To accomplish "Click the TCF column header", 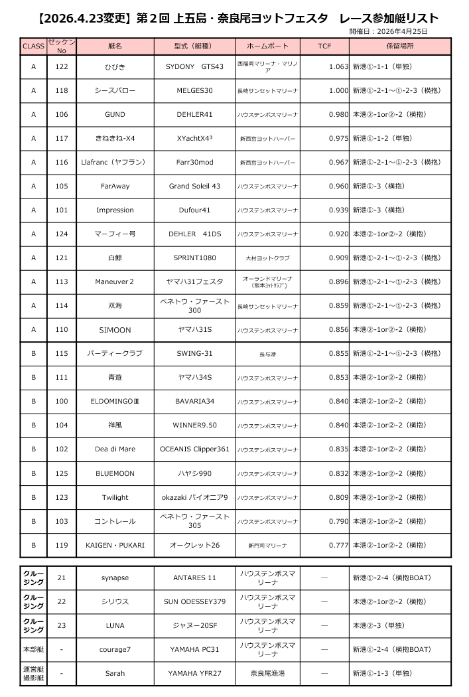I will [x=324, y=46].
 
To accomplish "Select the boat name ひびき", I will [x=115, y=66].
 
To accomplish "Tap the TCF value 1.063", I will [x=338, y=66].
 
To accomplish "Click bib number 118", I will [x=62, y=90].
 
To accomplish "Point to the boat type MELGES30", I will [x=194, y=90].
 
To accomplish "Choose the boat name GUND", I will [x=115, y=114].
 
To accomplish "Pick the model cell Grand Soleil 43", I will [x=194, y=186].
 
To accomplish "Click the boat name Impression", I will [x=115, y=210].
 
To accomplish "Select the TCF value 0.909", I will [x=338, y=258].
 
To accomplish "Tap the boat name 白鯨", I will [x=115, y=258].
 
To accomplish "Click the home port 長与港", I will [x=267, y=354].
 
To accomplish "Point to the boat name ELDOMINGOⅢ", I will [x=115, y=402].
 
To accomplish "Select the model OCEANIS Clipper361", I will [x=194, y=449].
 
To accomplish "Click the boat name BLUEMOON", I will [x=115, y=473].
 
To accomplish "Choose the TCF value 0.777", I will [x=338, y=545].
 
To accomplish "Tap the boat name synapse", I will [x=115, y=578].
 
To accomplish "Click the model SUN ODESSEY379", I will [x=194, y=601].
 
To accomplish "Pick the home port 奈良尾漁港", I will [x=267, y=673].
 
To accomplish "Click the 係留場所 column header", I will [x=399, y=46].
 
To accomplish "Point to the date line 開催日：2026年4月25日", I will [x=388, y=31].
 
